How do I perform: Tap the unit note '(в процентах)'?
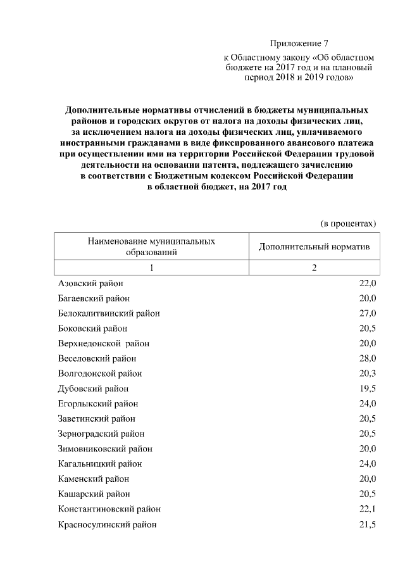point(348,223)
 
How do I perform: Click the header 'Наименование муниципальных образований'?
point(151,246)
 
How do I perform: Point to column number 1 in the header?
point(151,268)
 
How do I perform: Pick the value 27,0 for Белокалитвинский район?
point(368,313)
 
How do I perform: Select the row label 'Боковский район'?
point(92,329)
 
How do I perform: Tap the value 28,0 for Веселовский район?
point(368,358)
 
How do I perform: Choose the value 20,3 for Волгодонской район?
point(368,374)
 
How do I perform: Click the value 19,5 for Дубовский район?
point(368,389)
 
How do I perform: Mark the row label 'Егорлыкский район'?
point(98,404)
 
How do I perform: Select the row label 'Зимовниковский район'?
point(105,449)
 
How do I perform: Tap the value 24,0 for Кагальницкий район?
point(368,464)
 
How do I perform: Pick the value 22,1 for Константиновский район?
point(368,510)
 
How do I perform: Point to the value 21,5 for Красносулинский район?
point(368,525)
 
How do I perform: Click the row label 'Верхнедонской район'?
point(104,343)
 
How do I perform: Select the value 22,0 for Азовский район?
point(368,283)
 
